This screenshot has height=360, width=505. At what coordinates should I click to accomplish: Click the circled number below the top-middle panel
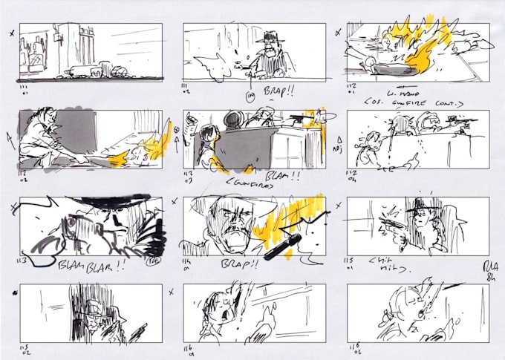tap(250, 96)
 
